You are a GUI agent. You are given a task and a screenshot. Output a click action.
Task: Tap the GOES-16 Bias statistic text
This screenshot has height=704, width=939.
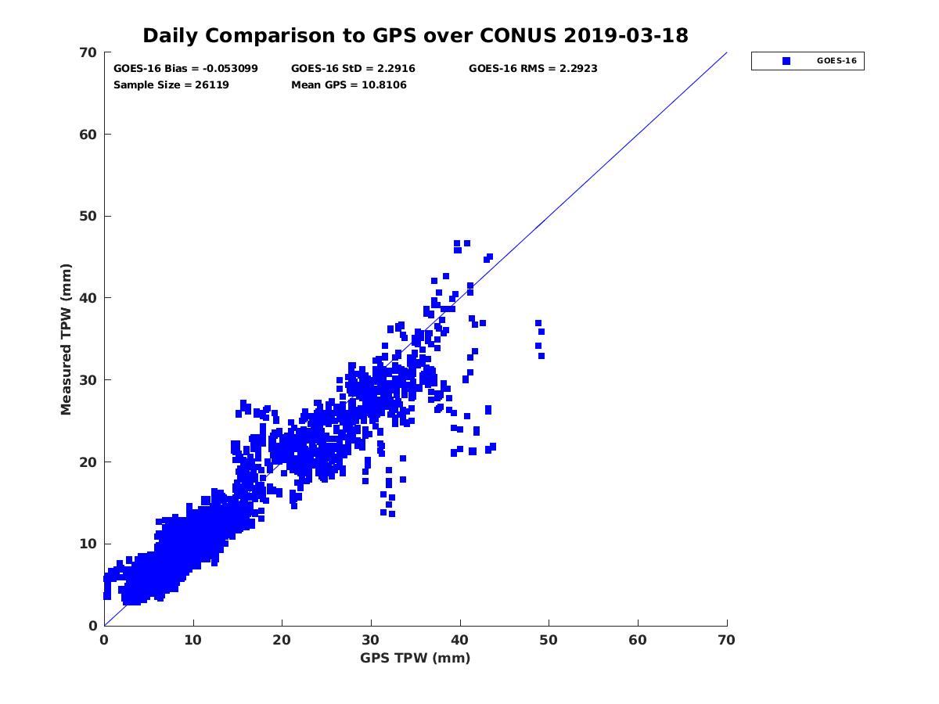(x=185, y=69)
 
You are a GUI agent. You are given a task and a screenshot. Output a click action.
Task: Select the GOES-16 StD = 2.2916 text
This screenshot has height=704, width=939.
(x=353, y=69)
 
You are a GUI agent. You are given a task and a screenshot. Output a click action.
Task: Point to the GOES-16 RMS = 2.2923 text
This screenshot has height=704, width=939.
(x=533, y=69)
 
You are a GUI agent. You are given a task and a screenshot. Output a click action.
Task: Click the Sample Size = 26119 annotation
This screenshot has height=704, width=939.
(x=171, y=84)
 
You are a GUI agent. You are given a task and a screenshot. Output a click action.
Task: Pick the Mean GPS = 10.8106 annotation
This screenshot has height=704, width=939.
(x=348, y=84)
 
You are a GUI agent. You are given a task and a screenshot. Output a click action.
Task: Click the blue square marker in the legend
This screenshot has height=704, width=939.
(x=786, y=61)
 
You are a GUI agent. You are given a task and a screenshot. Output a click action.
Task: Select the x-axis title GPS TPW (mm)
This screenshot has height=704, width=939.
(x=416, y=658)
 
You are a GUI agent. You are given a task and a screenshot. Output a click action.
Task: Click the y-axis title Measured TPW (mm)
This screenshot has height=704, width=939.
(x=66, y=339)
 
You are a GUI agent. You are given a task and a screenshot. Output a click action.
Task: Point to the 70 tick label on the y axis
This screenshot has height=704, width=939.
(x=88, y=52)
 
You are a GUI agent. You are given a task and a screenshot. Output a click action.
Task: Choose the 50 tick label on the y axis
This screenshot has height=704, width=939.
(x=88, y=217)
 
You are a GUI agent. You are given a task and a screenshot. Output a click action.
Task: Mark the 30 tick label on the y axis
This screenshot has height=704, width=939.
(x=88, y=380)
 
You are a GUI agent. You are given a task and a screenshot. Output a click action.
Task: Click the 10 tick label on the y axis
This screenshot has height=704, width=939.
(x=88, y=544)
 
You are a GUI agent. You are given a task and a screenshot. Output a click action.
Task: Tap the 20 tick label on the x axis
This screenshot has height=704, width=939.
(x=282, y=640)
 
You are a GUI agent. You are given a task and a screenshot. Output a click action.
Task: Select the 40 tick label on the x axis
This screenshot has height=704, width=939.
(x=460, y=640)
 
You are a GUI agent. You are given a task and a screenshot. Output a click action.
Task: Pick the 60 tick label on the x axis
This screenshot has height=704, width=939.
(x=638, y=640)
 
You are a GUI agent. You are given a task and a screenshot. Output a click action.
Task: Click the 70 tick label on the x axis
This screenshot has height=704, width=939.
(x=727, y=640)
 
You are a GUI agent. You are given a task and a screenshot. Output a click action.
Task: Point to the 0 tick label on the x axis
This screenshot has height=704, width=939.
(x=104, y=640)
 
